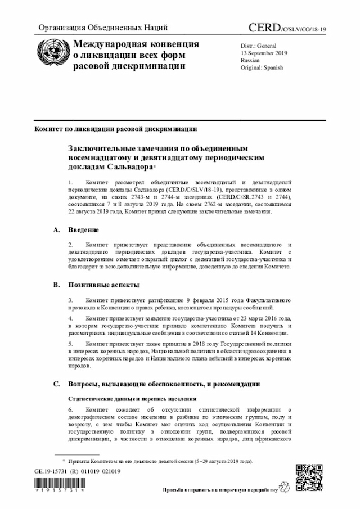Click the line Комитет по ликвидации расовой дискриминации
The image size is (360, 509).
click(115, 129)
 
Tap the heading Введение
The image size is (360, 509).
click(84, 230)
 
